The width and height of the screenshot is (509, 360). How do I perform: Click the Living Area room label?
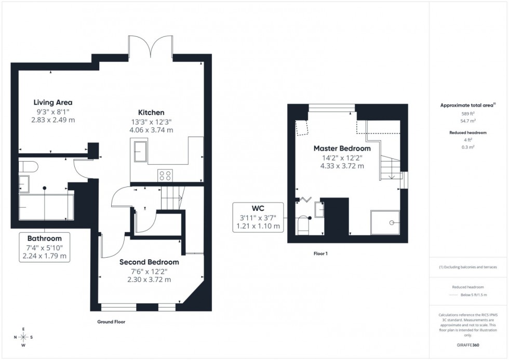coord(53,102)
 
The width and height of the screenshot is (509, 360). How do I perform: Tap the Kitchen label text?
coord(151,113)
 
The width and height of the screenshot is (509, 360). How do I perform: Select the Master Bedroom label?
coord(342,149)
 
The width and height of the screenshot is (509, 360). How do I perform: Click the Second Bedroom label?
coord(149,262)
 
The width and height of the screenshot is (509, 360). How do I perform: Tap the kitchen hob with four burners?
coord(165,176)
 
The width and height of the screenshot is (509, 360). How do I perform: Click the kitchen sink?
coord(140,152)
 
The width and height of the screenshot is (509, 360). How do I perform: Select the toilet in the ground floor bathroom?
coord(29,166)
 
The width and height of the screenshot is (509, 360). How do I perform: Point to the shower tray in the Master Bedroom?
coord(385,223)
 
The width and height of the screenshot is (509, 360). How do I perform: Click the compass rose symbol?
coord(23,337)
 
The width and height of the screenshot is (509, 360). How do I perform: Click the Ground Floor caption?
coord(111,322)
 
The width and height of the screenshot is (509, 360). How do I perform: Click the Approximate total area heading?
coord(467,105)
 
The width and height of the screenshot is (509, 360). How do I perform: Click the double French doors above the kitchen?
coord(151,47)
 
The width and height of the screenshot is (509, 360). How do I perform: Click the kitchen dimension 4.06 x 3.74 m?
coord(152,130)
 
